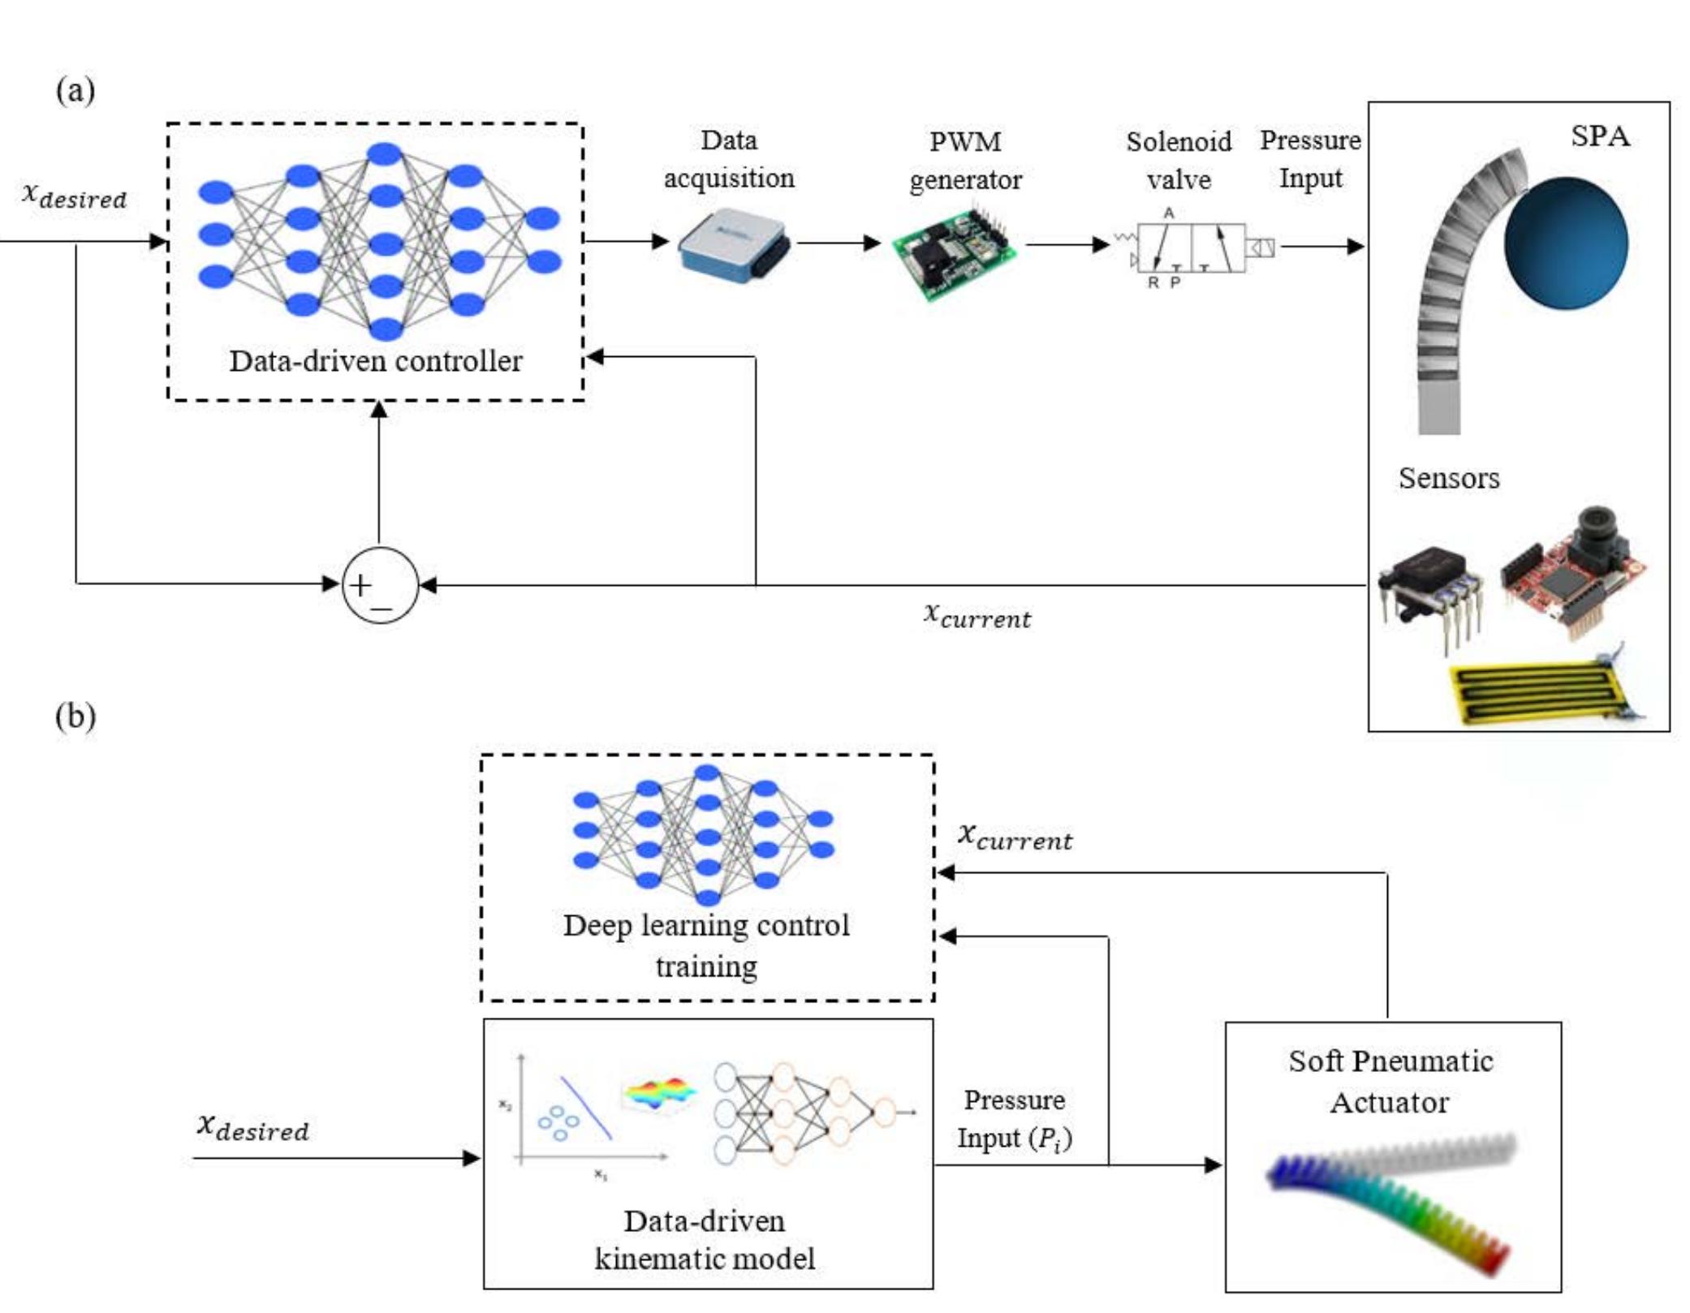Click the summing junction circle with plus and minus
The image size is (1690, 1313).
[x=380, y=585]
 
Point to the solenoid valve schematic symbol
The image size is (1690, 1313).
[x=1192, y=248]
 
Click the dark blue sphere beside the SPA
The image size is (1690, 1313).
[x=1565, y=243]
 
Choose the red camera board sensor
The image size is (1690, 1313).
[x=1571, y=572]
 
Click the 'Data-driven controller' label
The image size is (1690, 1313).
[x=376, y=361]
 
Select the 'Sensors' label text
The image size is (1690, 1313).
[x=1449, y=478]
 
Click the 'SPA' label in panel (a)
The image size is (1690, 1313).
[x=1600, y=136]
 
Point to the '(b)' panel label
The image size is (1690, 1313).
[x=75, y=717]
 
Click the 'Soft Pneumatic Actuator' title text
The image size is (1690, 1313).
[x=1390, y=1082]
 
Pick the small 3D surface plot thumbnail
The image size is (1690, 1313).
[x=659, y=1094]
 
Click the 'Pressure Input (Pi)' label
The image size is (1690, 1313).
[x=1015, y=1119]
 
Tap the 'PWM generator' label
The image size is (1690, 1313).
[x=965, y=160]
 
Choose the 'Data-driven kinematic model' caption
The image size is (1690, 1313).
[x=705, y=1239]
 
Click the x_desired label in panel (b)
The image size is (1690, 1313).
[x=252, y=1127]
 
